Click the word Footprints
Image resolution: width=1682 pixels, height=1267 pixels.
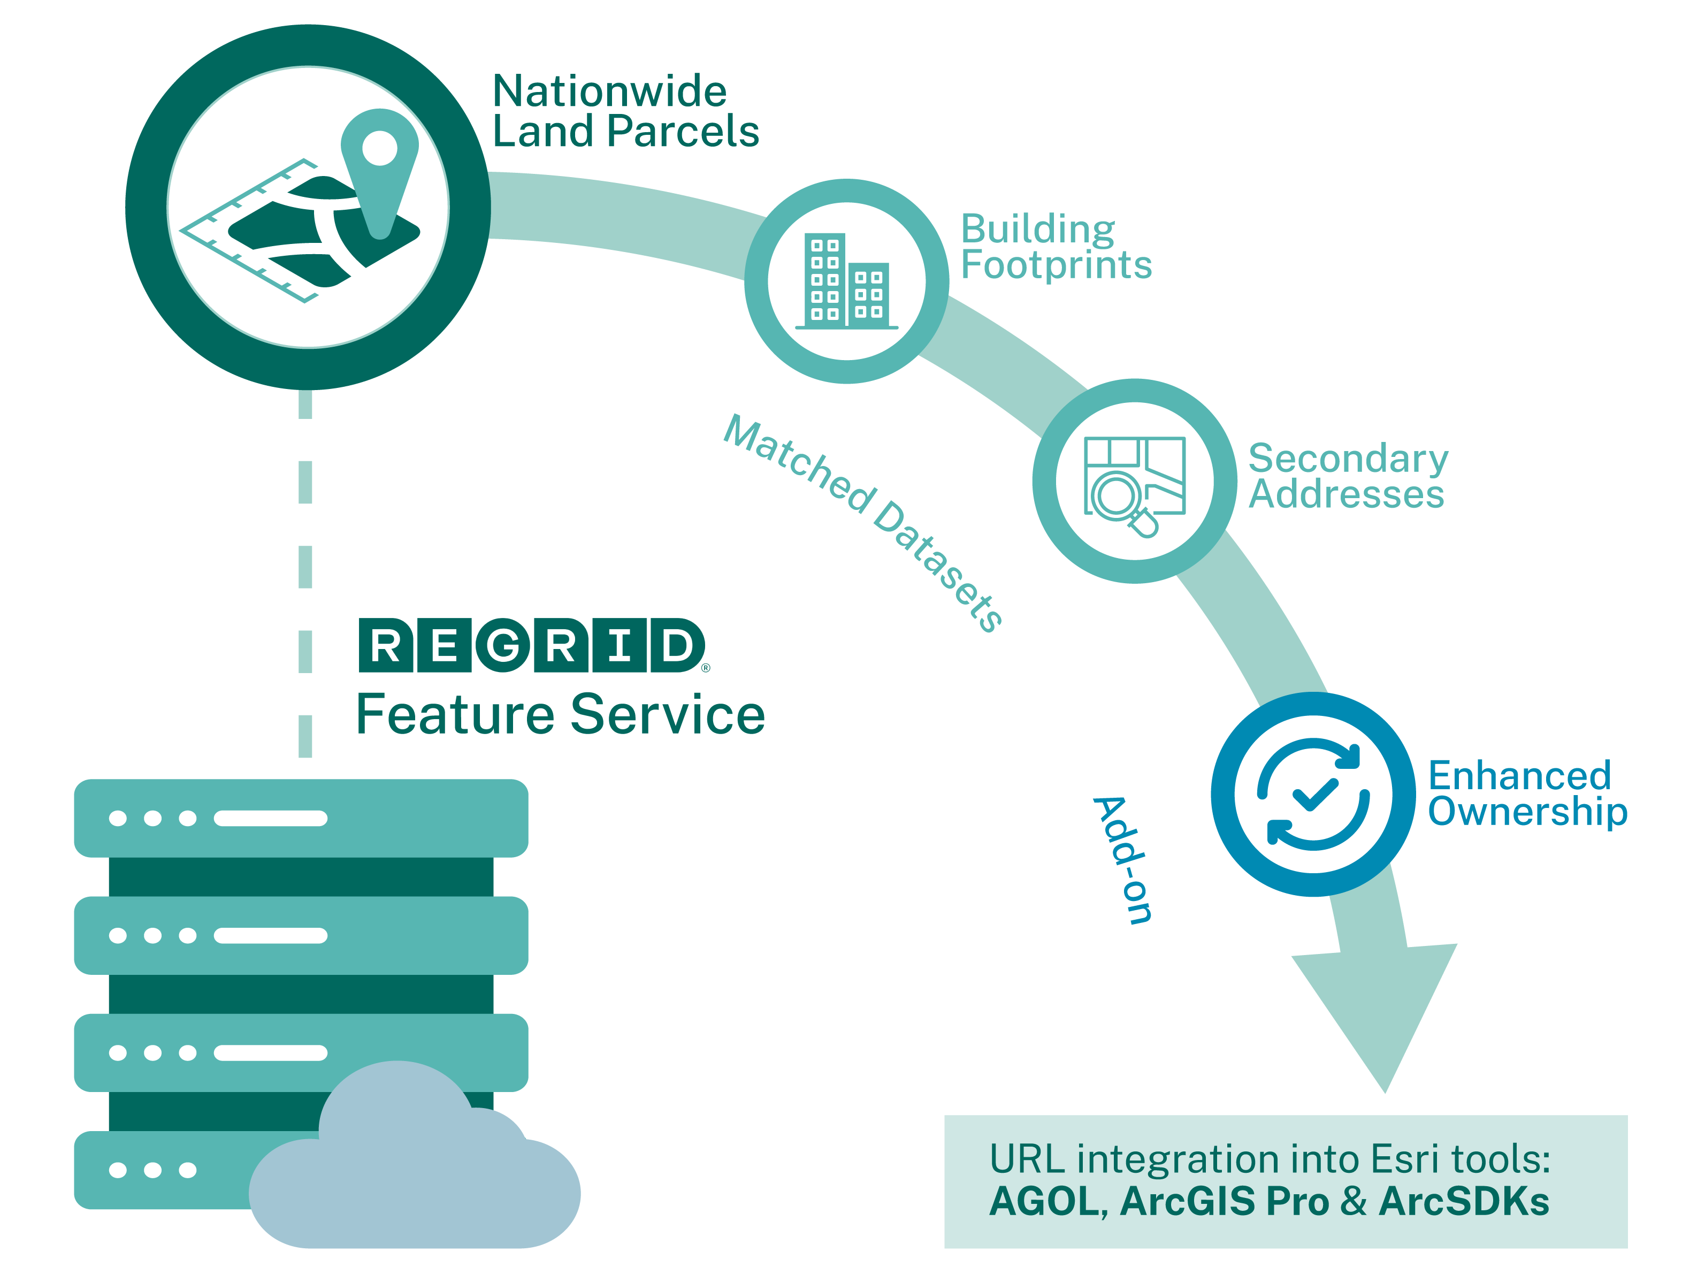1056,265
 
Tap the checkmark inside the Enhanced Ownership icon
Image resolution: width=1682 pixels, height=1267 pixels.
1314,795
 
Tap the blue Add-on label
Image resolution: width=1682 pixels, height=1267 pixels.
1122,859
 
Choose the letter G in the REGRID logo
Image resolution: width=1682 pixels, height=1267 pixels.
503,646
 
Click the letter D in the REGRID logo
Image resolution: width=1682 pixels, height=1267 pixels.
676,646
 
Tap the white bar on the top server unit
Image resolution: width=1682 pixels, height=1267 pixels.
270,818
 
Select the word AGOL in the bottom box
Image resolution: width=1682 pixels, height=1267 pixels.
1044,1202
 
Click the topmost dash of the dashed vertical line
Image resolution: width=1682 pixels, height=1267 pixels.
305,404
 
